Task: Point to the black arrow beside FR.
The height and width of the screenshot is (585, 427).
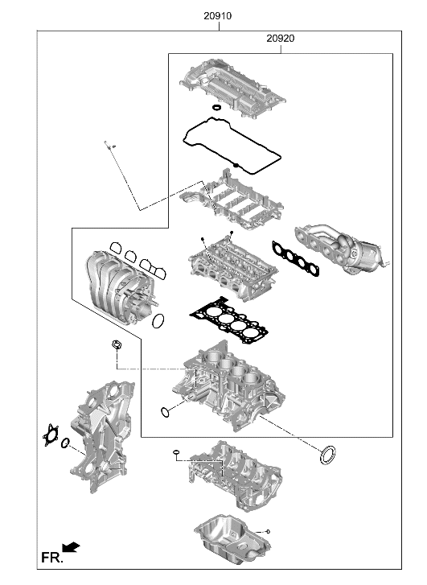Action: point(72,548)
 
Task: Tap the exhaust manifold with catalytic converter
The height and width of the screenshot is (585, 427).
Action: point(342,245)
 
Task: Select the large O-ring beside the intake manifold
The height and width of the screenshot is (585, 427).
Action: point(159,321)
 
